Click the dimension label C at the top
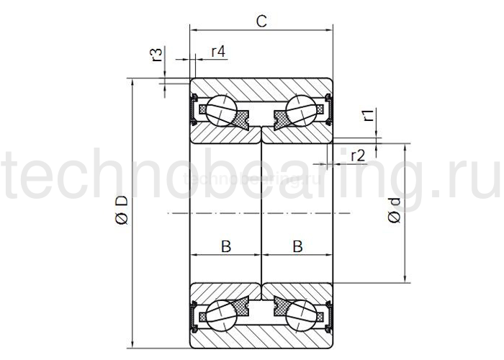pos(262,21)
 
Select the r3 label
pos(156,55)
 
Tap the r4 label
pos(218,52)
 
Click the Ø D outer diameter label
pos(122,210)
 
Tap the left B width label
pos(225,246)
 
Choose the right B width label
pos(297,246)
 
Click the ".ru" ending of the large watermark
pos(471,176)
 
